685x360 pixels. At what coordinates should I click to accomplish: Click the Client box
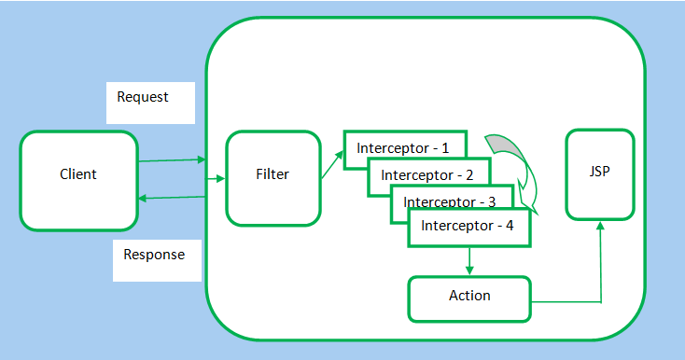(x=78, y=180)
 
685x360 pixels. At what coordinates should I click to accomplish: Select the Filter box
(x=273, y=177)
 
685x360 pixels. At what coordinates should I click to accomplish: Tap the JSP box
(x=600, y=174)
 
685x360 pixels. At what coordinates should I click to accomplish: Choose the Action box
(x=468, y=298)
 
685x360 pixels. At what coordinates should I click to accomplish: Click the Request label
(x=143, y=98)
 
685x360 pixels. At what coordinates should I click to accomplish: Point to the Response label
(x=154, y=255)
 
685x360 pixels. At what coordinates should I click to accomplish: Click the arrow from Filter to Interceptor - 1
(x=330, y=162)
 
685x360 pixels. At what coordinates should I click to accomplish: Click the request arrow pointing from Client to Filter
(x=172, y=160)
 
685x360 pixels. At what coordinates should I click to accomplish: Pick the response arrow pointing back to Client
(x=172, y=197)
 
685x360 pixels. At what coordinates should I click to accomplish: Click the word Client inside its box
(x=78, y=174)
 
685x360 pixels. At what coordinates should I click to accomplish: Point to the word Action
(x=468, y=296)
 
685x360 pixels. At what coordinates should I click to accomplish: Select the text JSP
(x=600, y=173)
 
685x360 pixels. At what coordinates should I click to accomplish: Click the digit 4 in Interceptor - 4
(x=510, y=226)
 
